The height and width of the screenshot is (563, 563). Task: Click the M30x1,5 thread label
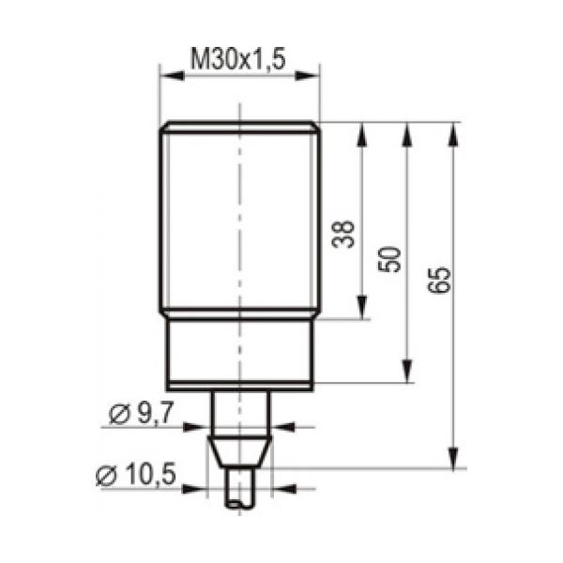[238, 59]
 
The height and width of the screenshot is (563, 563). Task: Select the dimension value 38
[342, 234]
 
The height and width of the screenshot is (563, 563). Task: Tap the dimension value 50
[389, 259]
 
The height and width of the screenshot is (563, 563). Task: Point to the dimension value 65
[439, 280]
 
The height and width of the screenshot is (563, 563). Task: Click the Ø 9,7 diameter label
[142, 413]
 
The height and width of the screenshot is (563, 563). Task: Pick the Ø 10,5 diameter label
[136, 474]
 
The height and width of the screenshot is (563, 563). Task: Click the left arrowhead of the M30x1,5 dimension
[172, 76]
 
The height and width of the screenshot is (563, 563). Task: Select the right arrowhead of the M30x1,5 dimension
[307, 76]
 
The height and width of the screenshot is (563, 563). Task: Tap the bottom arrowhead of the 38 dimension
[362, 307]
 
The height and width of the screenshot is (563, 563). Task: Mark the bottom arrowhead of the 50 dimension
[406, 371]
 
